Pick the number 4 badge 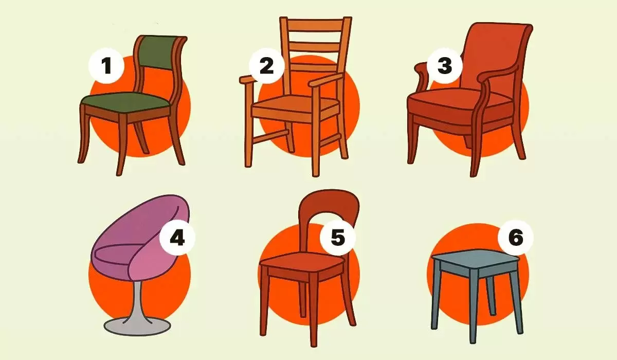coord(177,238)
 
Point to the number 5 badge coord(338,238)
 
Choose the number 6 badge coord(516,238)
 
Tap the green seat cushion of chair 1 coord(125,101)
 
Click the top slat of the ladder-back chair coord(315,24)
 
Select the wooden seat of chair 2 coord(295,103)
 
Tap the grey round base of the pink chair coord(137,326)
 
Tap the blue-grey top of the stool coord(475,258)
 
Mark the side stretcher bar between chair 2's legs coord(270,137)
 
